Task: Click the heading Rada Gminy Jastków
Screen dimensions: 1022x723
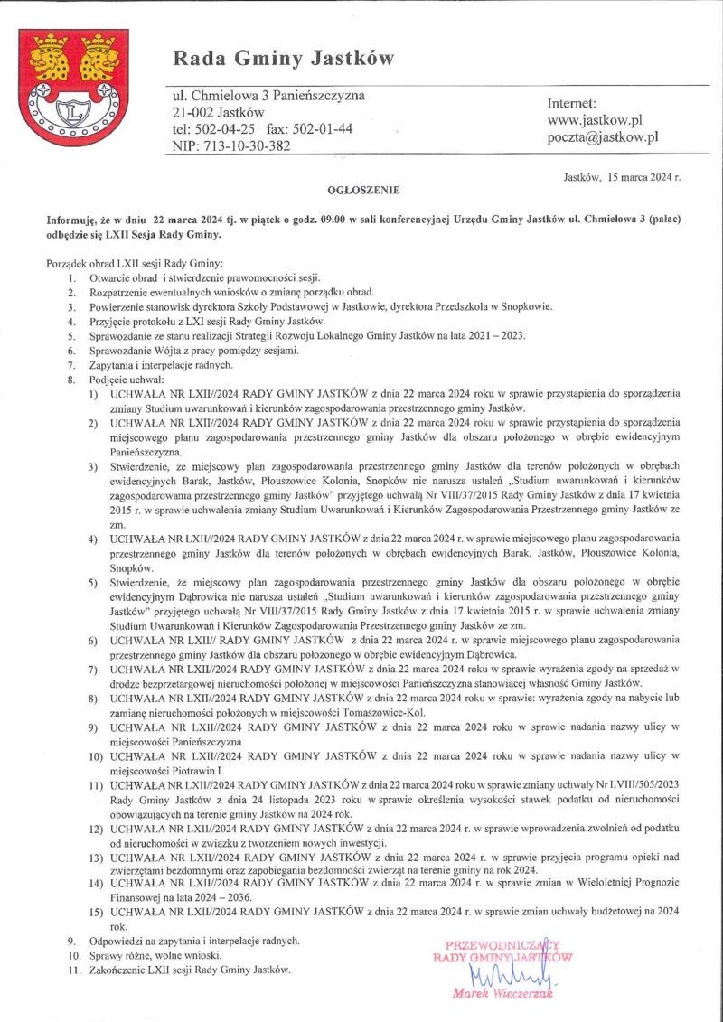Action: click(284, 60)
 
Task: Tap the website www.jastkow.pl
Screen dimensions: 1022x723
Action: click(595, 120)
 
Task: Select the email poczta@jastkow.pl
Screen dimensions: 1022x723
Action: click(603, 137)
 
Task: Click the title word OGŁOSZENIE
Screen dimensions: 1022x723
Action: click(364, 191)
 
